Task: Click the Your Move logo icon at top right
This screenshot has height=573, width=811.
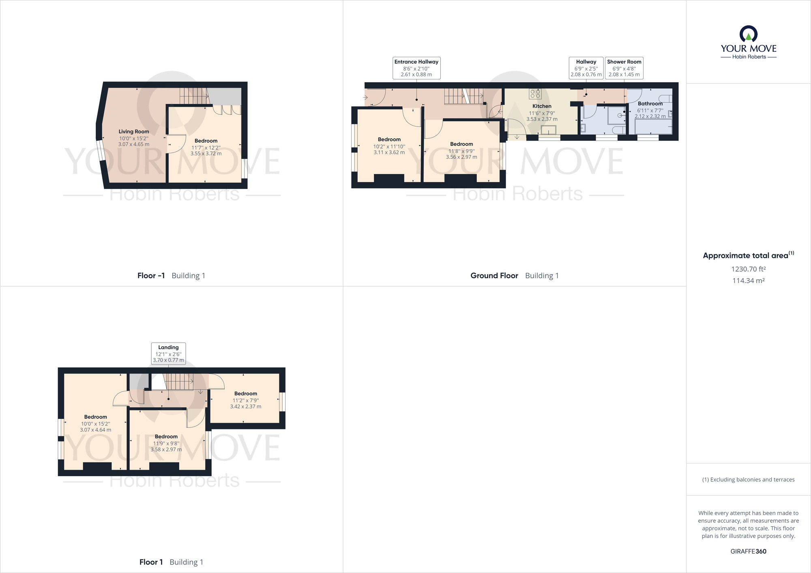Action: point(748,34)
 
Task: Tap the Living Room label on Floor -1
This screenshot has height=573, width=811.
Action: point(133,131)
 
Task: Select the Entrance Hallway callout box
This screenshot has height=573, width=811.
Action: point(416,68)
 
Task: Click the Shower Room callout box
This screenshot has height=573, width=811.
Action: point(624,68)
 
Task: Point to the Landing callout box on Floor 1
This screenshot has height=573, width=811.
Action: point(168,353)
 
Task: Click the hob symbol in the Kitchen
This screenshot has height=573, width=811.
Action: point(535,94)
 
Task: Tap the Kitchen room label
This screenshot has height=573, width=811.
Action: point(542,106)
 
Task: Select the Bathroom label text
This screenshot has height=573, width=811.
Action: point(650,104)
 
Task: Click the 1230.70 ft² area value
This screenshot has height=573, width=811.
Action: point(748,269)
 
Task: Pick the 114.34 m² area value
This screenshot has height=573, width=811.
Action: point(748,281)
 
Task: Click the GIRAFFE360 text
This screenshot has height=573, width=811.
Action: point(748,551)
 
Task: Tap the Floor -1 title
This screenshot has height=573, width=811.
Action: point(151,276)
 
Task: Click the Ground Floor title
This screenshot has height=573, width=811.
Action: point(494,276)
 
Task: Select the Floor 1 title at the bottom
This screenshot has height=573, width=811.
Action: point(151,562)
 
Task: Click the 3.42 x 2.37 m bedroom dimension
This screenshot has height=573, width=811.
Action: point(246,406)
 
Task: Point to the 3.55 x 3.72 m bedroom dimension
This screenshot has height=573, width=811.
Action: point(206,154)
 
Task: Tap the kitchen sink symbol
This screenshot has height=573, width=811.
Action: point(549,130)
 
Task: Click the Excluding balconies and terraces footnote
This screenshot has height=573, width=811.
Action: point(748,480)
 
